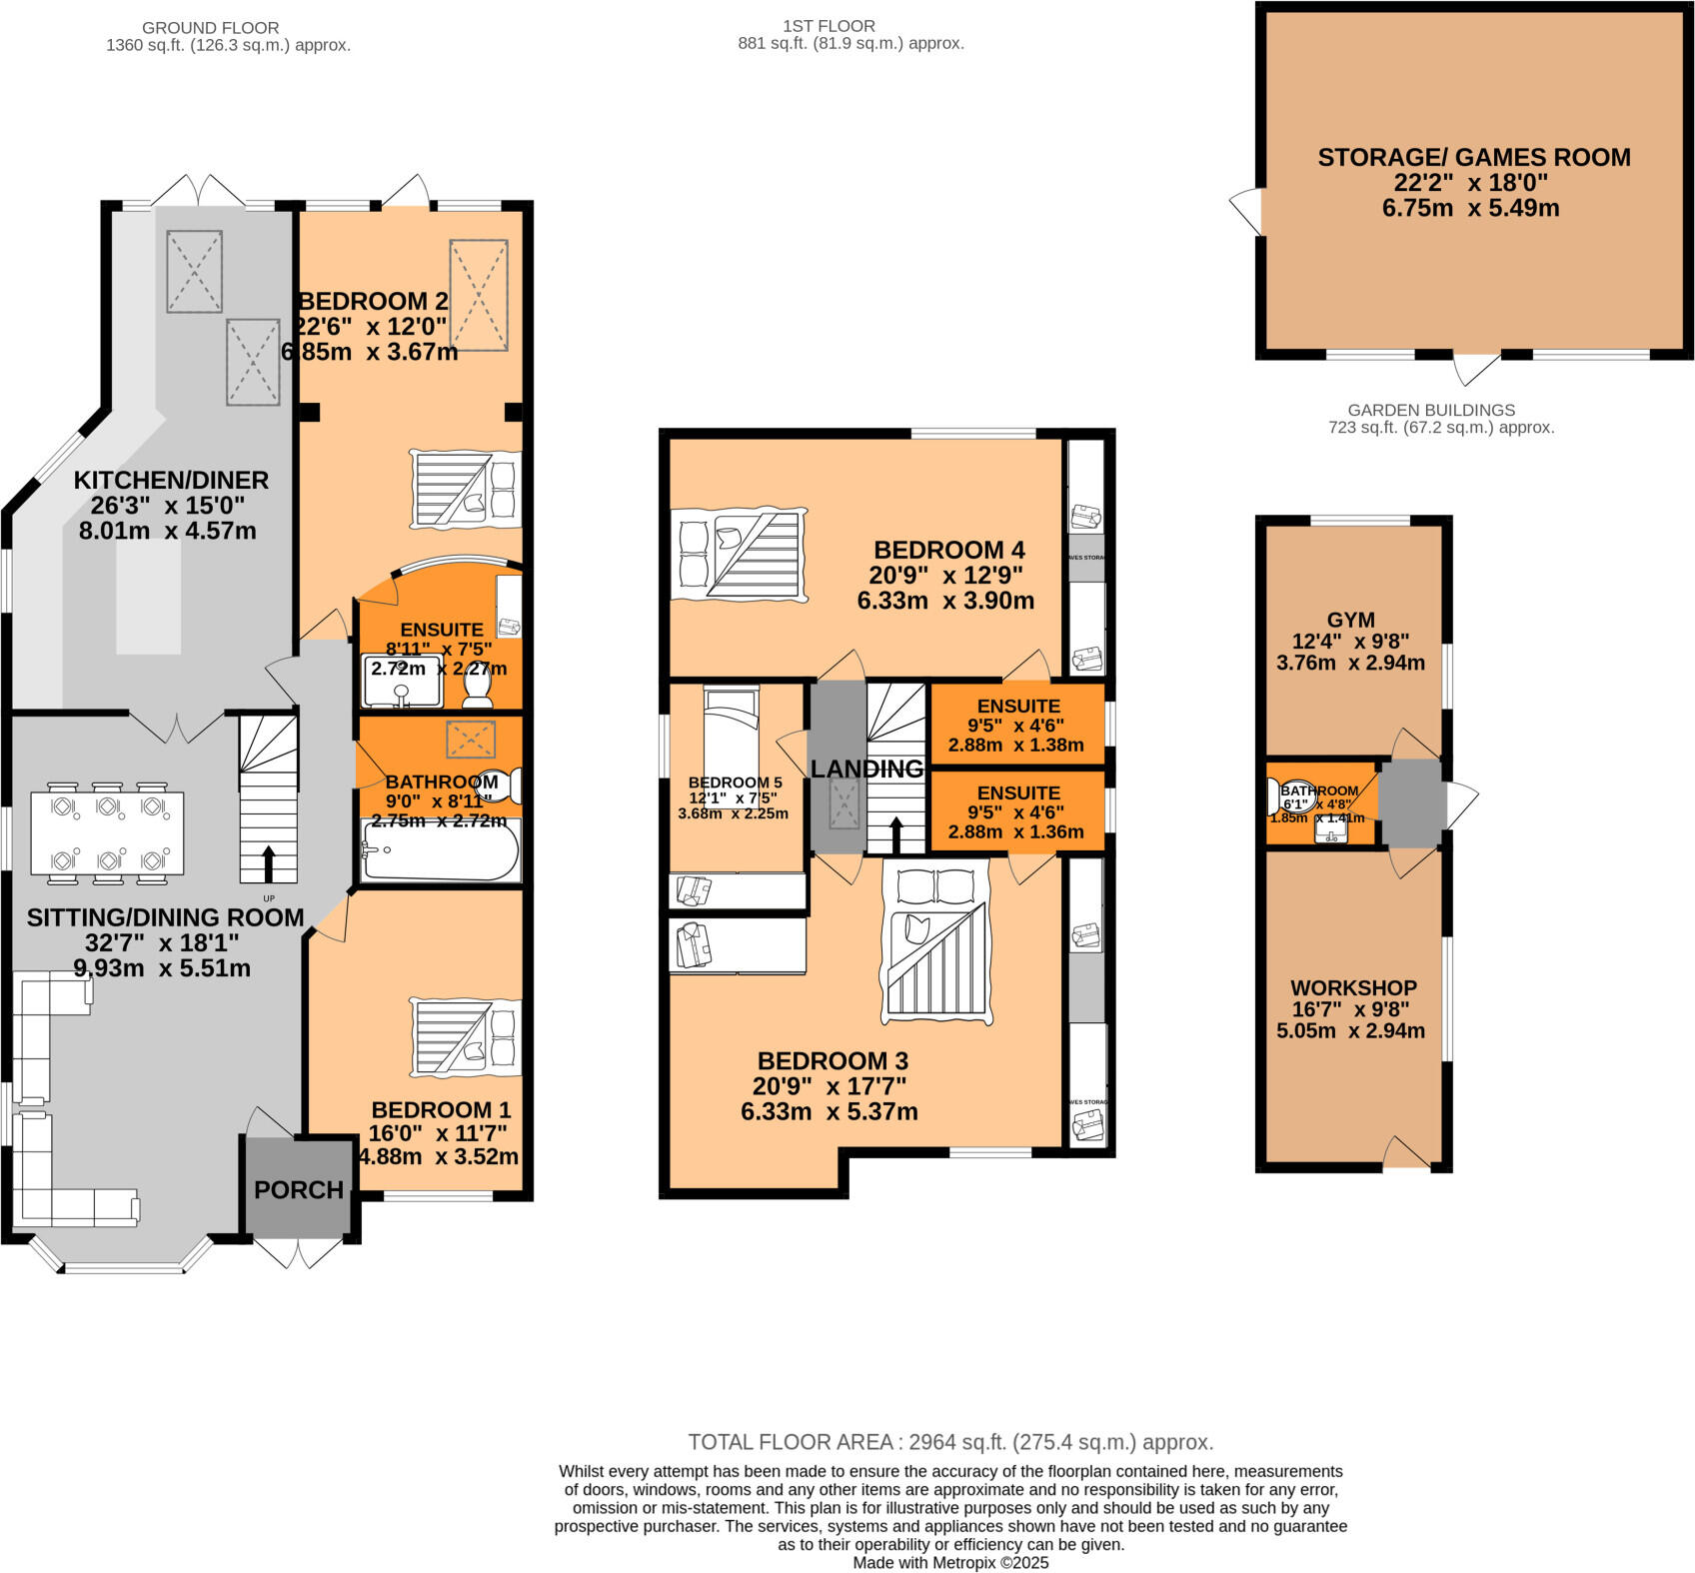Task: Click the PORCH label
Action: [x=298, y=1190]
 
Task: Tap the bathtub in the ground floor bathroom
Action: [x=441, y=852]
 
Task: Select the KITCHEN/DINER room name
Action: [x=171, y=480]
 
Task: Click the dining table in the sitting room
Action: [x=107, y=832]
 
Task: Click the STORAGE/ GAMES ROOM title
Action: [x=1474, y=157]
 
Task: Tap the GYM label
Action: [x=1350, y=620]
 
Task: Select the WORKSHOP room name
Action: [x=1353, y=987]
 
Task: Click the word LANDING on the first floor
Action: [x=866, y=769]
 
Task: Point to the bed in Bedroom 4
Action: [x=739, y=553]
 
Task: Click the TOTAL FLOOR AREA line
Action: [x=949, y=1442]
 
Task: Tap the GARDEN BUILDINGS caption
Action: [x=1430, y=410]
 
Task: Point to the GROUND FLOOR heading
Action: [x=210, y=27]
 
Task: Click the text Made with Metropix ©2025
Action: [x=950, y=1562]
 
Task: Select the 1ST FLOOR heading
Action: [x=830, y=26]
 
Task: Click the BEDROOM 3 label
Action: [x=832, y=1060]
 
